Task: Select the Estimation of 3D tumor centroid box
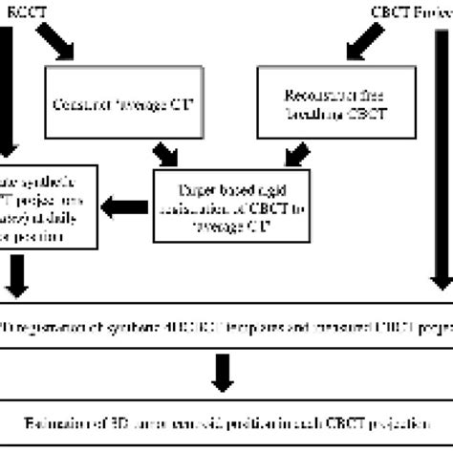(x=226, y=418)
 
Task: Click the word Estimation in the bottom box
(x=57, y=418)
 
